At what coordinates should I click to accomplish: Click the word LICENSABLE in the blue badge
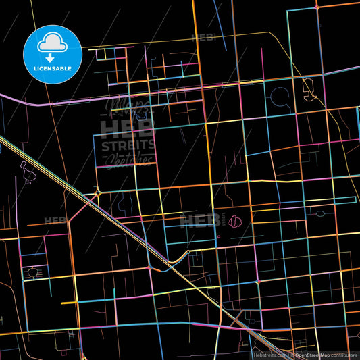coord(53,68)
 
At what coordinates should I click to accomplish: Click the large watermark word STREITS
coord(128,145)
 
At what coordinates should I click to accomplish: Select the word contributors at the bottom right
coord(344,354)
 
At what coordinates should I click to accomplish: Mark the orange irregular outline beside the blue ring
coord(309,88)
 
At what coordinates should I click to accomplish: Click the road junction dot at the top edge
coord(316,7)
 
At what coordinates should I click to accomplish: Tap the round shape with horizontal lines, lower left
coord(31,274)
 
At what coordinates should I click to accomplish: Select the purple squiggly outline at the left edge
coord(28,174)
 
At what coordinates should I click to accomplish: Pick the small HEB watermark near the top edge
coord(203,38)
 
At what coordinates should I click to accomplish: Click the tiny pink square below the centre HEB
coord(218,236)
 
